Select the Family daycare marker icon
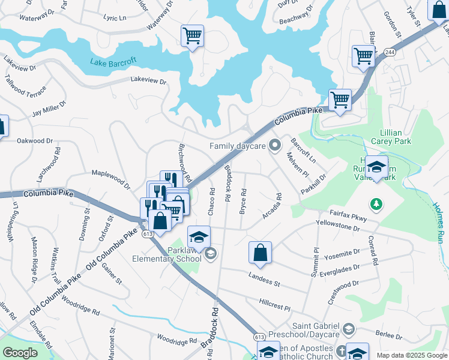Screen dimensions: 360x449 coord(275,145)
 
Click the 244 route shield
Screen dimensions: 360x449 coord(390,52)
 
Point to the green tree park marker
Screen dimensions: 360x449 coord(377,205)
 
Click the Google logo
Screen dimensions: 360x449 coord(20,353)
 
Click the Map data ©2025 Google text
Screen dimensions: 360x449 coord(411,355)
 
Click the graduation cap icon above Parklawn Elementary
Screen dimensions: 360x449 coord(199,236)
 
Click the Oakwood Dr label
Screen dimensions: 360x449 coord(35,141)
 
